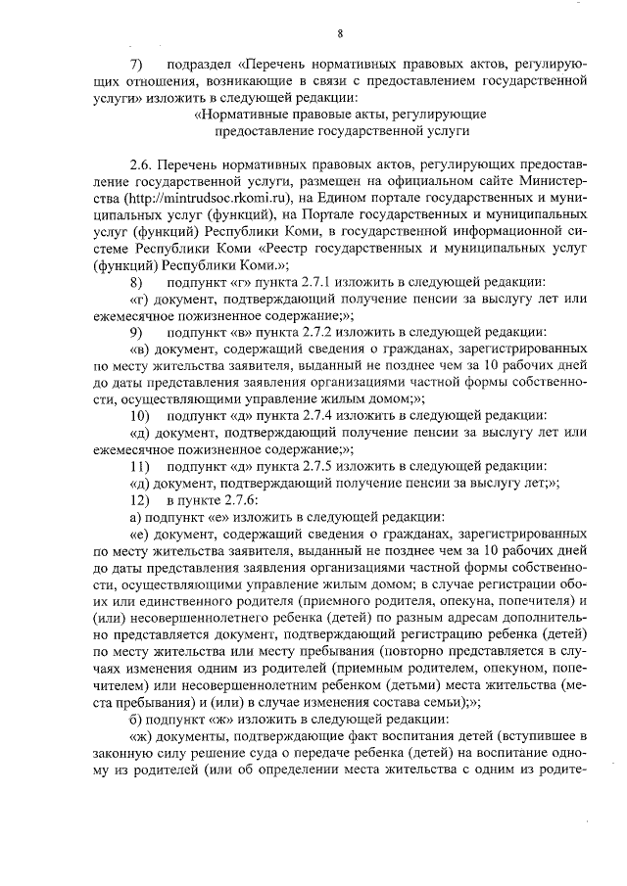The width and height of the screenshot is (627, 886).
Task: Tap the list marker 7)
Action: [137, 64]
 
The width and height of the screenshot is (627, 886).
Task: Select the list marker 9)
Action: [137, 333]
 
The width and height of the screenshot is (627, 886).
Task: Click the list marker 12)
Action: [139, 499]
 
